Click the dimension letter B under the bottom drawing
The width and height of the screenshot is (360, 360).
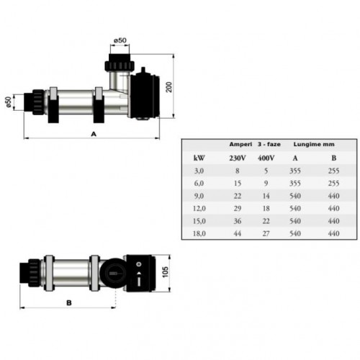click(x=69, y=304)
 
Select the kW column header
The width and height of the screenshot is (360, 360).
click(x=199, y=158)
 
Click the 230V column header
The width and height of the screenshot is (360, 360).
click(x=236, y=158)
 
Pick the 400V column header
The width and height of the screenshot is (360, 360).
click(x=265, y=158)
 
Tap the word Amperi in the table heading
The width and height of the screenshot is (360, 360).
click(x=240, y=144)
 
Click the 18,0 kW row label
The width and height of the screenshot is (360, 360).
click(x=199, y=233)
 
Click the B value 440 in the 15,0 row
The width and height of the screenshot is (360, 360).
click(x=333, y=221)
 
